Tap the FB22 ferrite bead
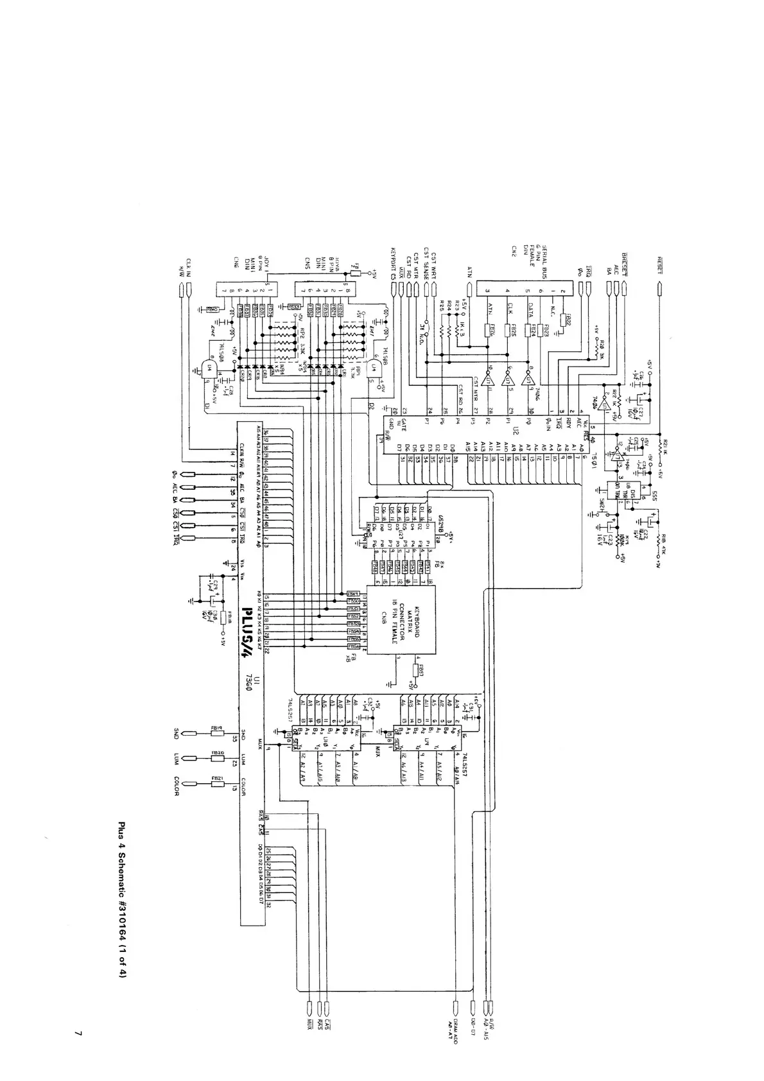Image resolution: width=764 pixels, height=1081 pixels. coord(567,318)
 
